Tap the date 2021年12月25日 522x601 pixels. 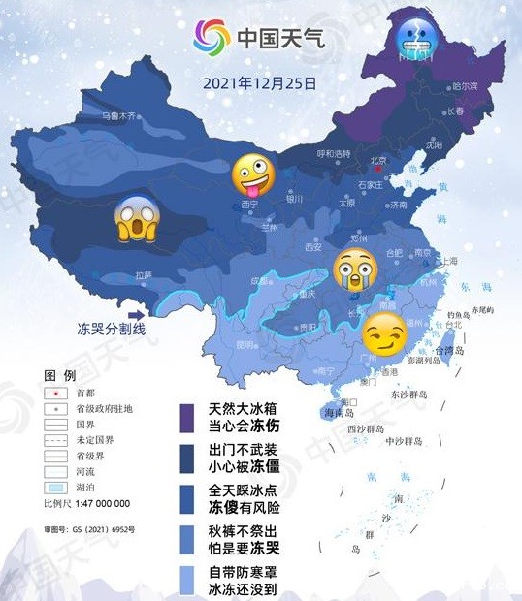260,82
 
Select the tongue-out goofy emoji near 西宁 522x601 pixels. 251,176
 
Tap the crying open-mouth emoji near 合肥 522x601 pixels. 354,269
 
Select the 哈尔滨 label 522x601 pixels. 465,86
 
